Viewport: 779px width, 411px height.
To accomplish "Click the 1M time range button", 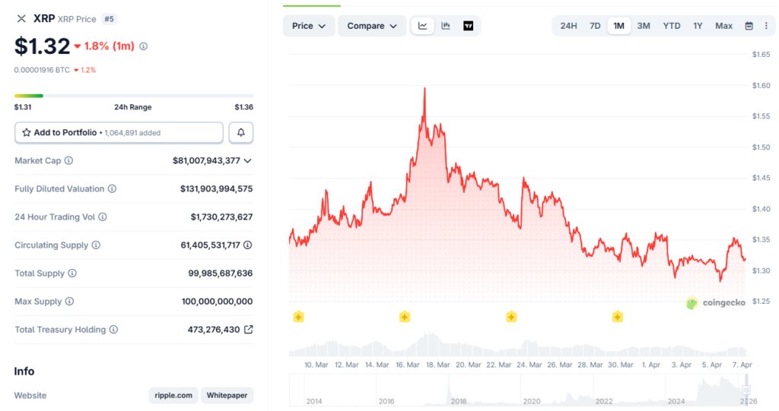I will pyautogui.click(x=618, y=26).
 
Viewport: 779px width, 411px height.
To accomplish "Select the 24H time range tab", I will pyautogui.click(x=568, y=26).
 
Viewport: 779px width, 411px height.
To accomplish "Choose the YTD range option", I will pyautogui.click(x=671, y=26).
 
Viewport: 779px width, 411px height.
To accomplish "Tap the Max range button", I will pyautogui.click(x=723, y=26).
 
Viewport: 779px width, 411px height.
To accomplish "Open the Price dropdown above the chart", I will pyautogui.click(x=309, y=26).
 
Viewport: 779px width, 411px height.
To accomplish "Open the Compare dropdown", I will pyautogui.click(x=372, y=26).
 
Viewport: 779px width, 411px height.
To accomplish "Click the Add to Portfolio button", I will pyautogui.click(x=119, y=132).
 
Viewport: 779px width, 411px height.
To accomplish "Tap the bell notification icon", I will pyautogui.click(x=241, y=132).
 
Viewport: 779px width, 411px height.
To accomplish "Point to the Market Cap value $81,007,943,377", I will pyautogui.click(x=206, y=160).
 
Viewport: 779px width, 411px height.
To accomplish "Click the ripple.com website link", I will pyautogui.click(x=173, y=395).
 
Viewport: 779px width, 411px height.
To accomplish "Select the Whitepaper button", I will pyautogui.click(x=227, y=395).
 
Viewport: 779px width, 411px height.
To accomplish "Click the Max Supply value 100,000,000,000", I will pyautogui.click(x=217, y=302).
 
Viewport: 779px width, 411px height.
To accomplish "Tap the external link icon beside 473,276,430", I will pyautogui.click(x=248, y=330).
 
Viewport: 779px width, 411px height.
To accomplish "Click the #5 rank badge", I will pyautogui.click(x=110, y=19).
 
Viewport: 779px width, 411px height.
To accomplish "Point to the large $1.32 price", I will pyautogui.click(x=42, y=46).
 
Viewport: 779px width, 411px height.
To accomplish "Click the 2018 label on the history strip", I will pyautogui.click(x=459, y=400).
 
